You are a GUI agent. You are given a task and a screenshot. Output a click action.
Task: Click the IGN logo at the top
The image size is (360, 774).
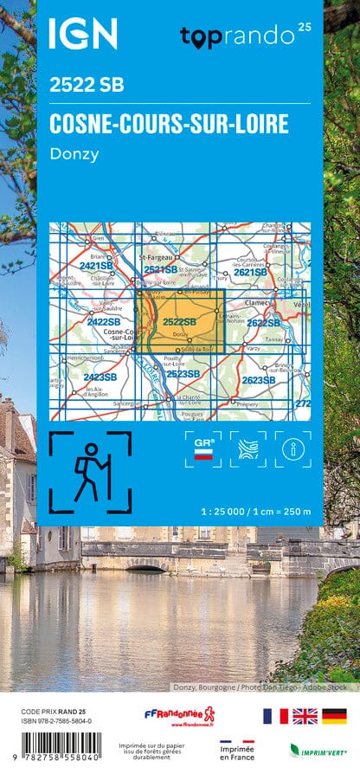(82, 34)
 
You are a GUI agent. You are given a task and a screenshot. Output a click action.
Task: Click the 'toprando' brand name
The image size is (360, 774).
(237, 35)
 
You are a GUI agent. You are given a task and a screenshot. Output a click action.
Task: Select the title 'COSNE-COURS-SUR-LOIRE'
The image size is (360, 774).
(169, 124)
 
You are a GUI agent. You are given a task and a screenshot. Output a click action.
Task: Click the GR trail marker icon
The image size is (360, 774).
(202, 449)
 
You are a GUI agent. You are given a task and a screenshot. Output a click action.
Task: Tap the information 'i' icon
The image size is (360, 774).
(292, 449)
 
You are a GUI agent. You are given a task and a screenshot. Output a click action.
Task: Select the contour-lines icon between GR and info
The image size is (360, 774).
(247, 449)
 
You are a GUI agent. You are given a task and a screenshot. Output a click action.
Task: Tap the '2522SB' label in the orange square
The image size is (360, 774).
(179, 322)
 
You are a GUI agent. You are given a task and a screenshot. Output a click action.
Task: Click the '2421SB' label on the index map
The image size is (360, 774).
(96, 266)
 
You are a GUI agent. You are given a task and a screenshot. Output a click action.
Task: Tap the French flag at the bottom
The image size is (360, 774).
(276, 715)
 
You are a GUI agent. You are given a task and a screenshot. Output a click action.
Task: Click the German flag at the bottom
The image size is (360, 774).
(333, 715)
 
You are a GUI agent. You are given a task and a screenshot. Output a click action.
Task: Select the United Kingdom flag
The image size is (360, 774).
(305, 715)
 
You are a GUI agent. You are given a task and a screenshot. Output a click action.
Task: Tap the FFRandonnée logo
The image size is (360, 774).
(179, 716)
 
